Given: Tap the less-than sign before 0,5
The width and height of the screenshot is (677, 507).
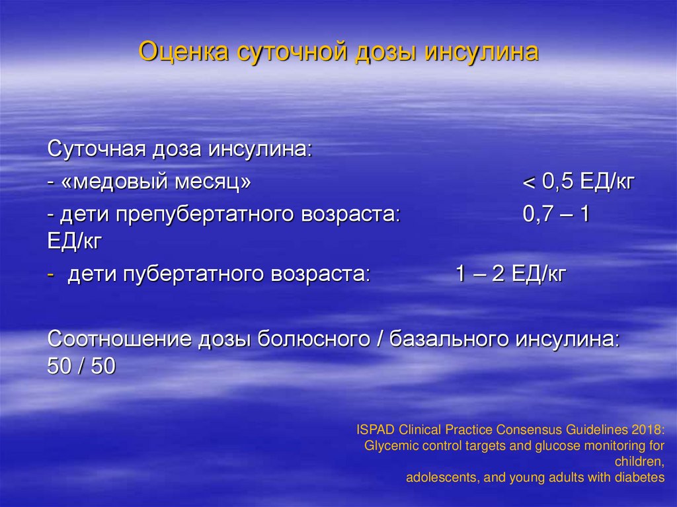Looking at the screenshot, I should pyautogui.click(x=528, y=182).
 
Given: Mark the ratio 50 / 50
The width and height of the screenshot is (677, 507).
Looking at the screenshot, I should pyautogui.click(x=81, y=366).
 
